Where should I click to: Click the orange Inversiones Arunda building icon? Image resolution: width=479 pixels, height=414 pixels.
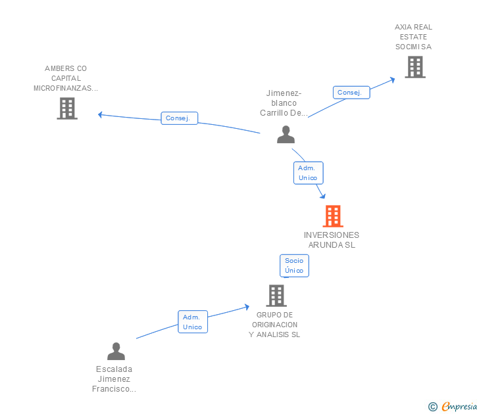333,216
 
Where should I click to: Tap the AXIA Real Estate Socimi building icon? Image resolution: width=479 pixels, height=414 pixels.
415,67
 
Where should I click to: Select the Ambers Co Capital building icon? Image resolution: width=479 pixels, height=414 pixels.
67,108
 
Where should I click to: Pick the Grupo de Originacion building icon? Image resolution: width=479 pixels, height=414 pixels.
276,296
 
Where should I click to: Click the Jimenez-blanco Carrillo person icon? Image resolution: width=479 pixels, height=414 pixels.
286,135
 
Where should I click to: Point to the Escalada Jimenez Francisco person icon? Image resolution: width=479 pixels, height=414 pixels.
116,352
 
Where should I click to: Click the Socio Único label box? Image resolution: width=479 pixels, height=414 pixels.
294,265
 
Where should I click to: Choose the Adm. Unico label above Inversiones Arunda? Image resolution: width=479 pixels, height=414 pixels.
308,173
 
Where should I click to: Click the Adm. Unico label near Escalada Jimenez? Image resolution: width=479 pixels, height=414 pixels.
193,322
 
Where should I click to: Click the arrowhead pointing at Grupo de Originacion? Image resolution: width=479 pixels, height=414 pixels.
246,306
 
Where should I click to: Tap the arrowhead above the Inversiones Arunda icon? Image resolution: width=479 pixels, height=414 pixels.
322,195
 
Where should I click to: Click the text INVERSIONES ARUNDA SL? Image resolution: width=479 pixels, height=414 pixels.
332,240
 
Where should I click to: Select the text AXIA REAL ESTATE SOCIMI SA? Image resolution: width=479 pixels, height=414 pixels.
413,37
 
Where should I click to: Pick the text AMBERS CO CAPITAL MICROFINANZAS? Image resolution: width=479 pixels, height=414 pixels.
66,78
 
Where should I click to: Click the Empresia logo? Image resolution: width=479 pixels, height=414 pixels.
459,407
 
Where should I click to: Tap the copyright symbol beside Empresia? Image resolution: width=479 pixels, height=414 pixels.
432,407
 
